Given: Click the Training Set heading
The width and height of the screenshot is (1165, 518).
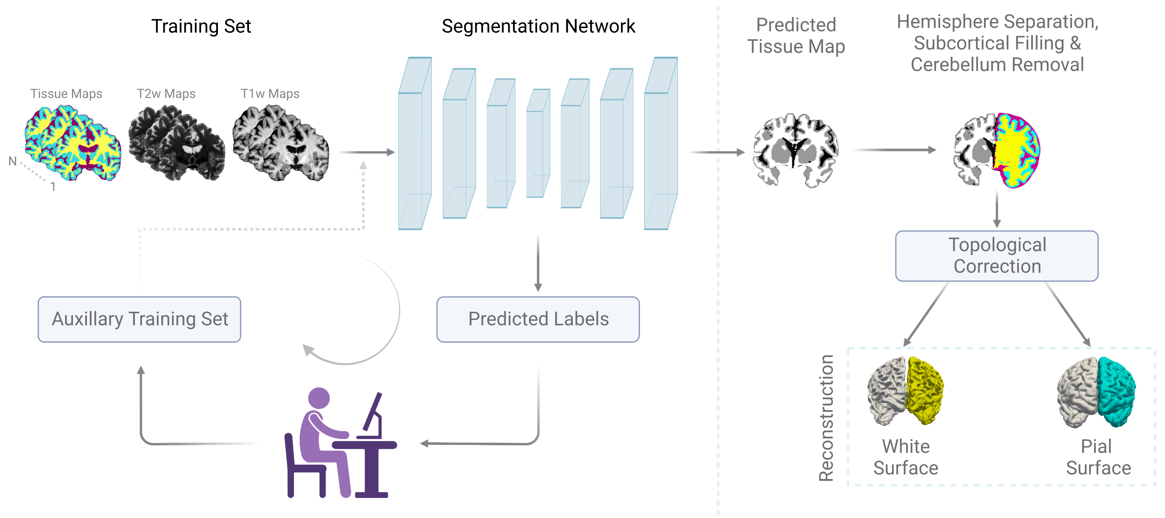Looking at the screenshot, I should point(201,26).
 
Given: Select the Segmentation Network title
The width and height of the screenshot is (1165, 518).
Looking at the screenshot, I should point(538,26).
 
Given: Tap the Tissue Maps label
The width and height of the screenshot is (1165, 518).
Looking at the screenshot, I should point(66,94).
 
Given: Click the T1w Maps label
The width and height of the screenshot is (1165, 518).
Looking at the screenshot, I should point(270,94).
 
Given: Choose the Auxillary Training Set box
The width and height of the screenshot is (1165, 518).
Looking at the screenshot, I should point(139,319).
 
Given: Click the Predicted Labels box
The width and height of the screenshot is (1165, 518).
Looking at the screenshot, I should point(538,319).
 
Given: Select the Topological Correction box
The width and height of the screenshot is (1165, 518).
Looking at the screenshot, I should point(997,256).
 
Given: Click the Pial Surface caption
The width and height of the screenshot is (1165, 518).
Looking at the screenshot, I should point(1098,457).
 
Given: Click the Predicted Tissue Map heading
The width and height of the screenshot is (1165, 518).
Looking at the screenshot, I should point(796,36).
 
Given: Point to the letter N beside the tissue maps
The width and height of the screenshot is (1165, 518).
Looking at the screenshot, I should point(13,161).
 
